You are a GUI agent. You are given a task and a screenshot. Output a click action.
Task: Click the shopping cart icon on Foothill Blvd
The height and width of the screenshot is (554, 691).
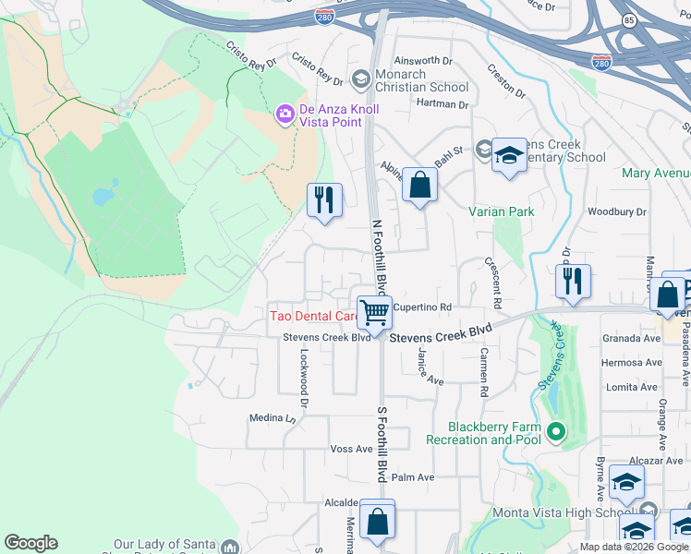click(374, 312)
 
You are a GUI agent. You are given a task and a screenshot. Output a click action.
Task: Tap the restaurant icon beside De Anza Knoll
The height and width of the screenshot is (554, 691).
click(324, 200)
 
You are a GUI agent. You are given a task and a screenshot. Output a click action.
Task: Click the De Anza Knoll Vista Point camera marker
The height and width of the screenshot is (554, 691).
click(285, 114)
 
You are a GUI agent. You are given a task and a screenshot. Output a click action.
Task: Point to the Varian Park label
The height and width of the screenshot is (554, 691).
click(501, 211)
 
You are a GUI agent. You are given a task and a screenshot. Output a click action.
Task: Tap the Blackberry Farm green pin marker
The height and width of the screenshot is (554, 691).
click(555, 431)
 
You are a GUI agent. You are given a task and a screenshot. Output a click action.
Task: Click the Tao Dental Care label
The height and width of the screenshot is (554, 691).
click(312, 316)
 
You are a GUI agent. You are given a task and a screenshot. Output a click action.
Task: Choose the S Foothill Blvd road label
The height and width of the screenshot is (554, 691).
click(380, 443)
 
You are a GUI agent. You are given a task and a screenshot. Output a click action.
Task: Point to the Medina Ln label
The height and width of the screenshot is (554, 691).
click(271, 418)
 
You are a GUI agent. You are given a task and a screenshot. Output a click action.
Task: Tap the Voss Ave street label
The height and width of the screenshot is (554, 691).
click(351, 449)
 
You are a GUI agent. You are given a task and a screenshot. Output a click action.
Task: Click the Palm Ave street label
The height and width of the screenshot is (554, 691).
click(412, 477)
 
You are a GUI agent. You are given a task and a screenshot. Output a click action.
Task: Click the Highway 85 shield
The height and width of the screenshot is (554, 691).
click(629, 19)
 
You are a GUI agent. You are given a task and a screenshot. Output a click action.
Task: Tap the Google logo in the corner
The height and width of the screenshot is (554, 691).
click(30, 543)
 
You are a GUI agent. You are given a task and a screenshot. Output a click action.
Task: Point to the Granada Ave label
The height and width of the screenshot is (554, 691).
click(631, 339)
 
